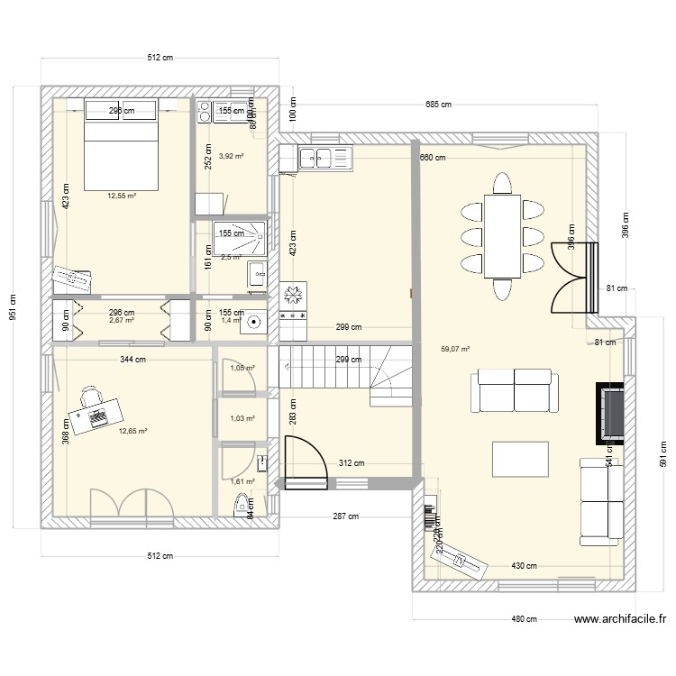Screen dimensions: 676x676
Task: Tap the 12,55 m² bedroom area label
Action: [122, 196]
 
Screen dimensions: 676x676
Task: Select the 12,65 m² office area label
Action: [132, 431]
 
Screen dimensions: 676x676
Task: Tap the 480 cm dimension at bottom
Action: [525, 619]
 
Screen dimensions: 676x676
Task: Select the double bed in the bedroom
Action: [121, 144]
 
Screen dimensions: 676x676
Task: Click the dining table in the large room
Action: [502, 235]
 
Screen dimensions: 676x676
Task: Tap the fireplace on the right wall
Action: [610, 413]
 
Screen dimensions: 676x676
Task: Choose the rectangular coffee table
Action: [521, 457]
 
